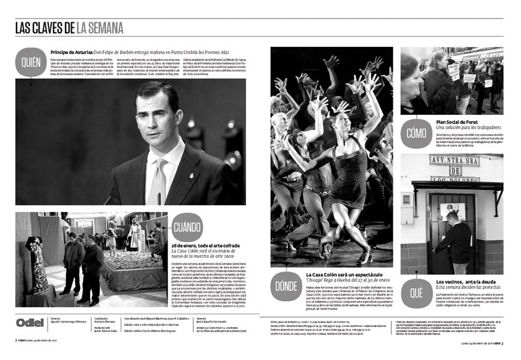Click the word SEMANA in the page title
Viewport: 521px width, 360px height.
[x=100, y=27]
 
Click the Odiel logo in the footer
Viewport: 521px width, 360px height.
[x=29, y=322]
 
